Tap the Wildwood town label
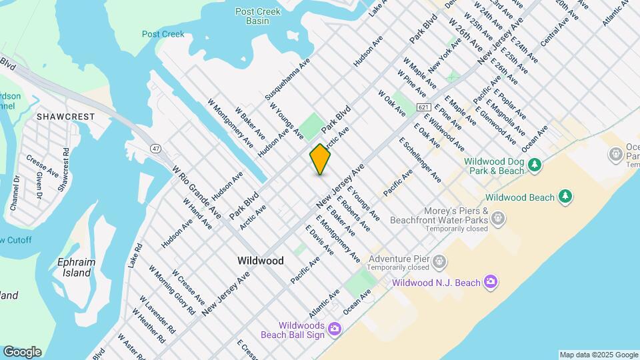click(261, 261)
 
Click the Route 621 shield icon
click(423, 107)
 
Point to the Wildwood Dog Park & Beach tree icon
click(534, 164)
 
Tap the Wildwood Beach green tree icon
click(565, 196)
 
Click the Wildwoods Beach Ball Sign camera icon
click(334, 329)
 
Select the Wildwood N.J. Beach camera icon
click(490, 282)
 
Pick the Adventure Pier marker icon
click(439, 261)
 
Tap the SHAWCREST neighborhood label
click(65, 117)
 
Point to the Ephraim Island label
click(74, 267)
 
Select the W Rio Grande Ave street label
click(197, 193)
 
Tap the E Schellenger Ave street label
click(420, 160)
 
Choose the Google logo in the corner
click(22, 352)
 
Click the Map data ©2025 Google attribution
click(598, 355)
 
